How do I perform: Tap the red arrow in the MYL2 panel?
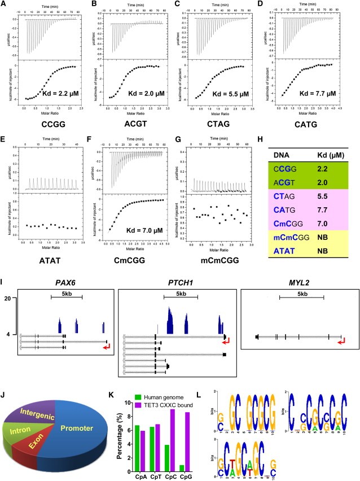(x=340, y=338)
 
